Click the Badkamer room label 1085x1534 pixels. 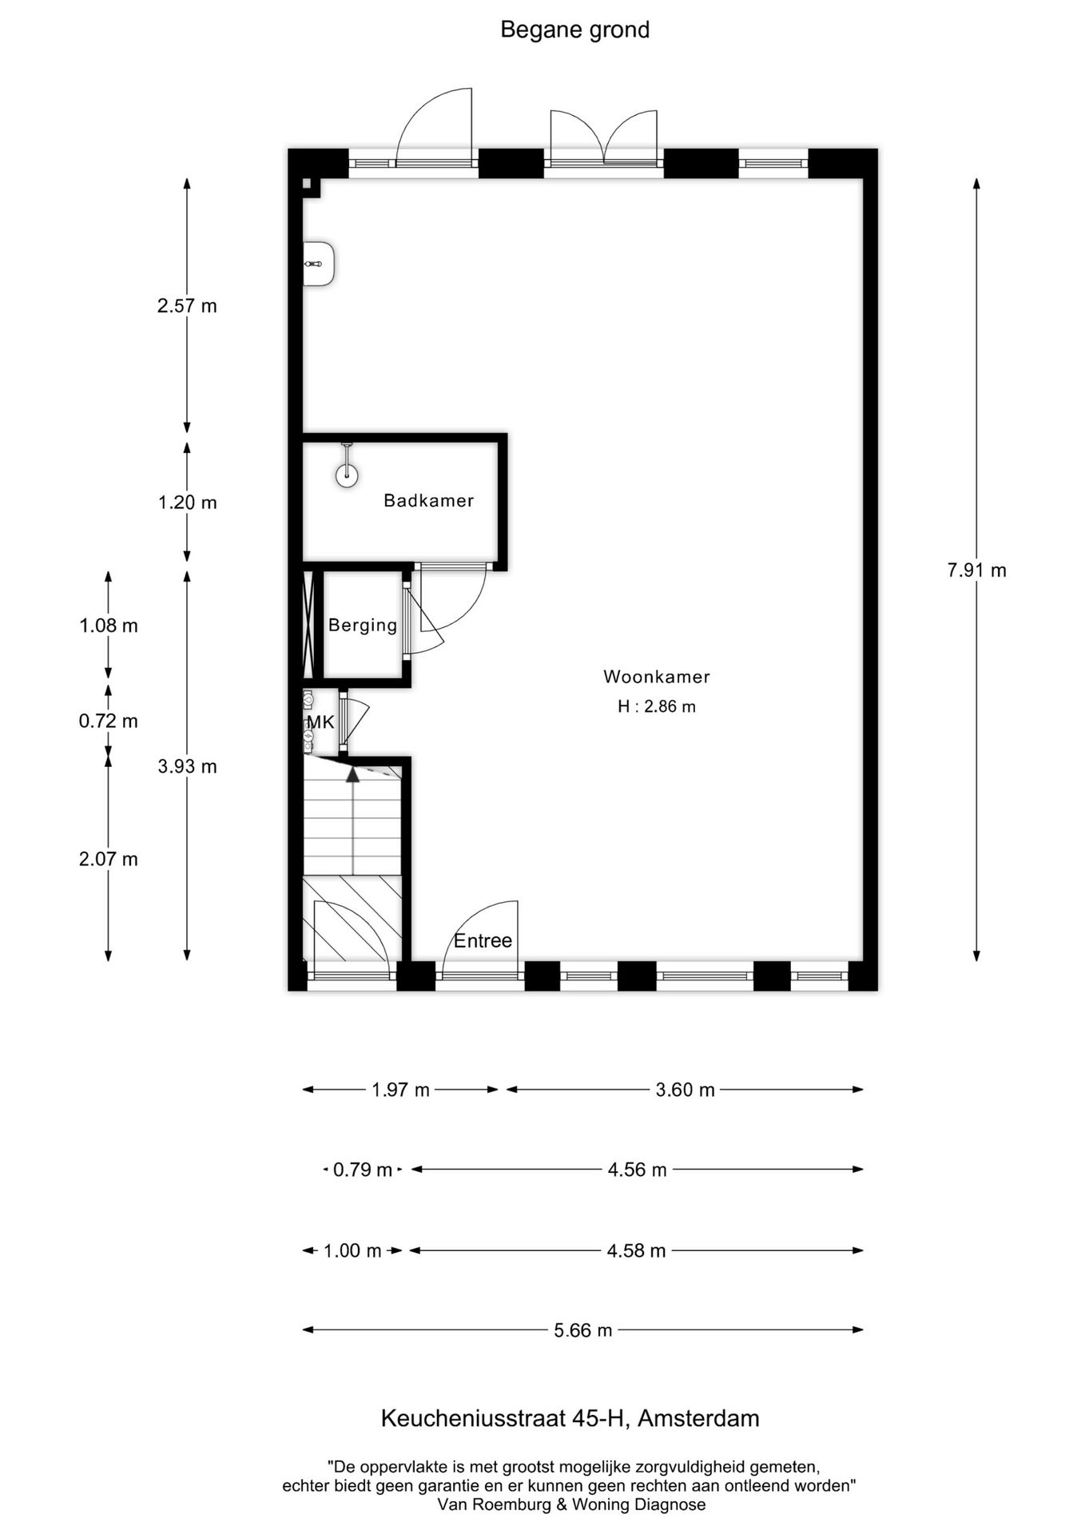tap(428, 501)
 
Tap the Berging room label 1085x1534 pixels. tap(363, 625)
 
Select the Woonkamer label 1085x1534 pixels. tap(656, 677)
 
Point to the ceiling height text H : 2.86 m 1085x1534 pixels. tap(656, 706)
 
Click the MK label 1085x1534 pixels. tap(320, 722)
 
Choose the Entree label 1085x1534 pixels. tap(483, 940)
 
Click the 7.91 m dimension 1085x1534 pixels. tap(976, 570)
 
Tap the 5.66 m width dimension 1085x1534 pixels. tap(582, 1330)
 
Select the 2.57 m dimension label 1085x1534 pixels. tap(187, 306)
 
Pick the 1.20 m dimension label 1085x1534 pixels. tap(187, 503)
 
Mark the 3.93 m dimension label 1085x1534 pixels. tap(187, 767)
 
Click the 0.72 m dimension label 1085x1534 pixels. tap(108, 721)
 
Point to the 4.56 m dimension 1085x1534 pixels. tap(637, 1170)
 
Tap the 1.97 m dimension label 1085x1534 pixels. tap(400, 1090)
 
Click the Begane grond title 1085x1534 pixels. tap(574, 30)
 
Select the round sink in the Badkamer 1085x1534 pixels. tap(347, 475)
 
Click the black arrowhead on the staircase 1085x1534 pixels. tap(352, 773)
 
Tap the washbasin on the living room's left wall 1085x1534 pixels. tap(319, 264)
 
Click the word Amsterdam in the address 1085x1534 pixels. tap(698, 1418)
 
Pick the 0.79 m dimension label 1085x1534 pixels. tap(362, 1170)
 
